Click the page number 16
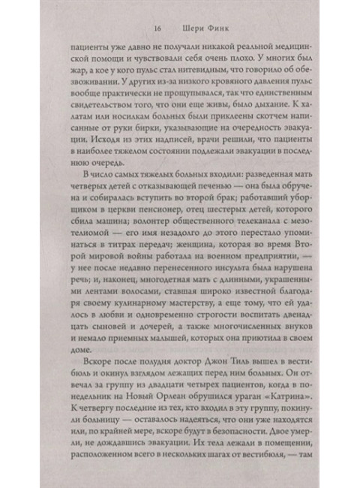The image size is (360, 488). (157, 31)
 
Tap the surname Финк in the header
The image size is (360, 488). (211, 31)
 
